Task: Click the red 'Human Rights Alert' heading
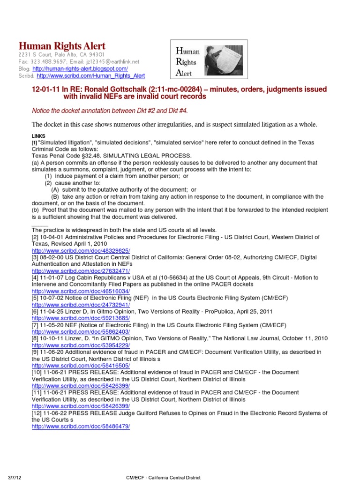61,46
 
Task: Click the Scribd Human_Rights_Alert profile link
90,75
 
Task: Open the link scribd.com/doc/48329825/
81,251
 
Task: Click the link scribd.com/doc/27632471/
81,271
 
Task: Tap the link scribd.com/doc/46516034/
81,291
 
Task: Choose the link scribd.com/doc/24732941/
81,305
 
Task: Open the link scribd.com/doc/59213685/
81,318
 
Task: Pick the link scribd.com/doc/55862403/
81,332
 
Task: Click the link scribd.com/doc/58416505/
81,366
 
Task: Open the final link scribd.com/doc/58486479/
81,427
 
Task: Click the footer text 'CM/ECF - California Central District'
163,477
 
